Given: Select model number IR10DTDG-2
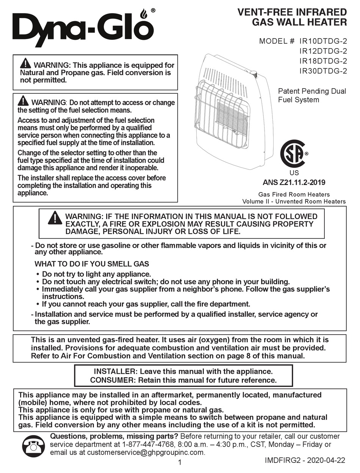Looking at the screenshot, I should (323, 41).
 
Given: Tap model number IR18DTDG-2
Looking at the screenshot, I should (323, 61).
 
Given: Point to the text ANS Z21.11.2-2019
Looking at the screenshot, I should (294, 182).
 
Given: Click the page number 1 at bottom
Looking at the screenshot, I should (180, 462).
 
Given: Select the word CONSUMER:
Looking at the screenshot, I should (113, 380).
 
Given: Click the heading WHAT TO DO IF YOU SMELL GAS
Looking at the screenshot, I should (92, 264).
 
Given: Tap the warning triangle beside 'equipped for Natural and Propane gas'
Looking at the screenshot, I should (25, 64).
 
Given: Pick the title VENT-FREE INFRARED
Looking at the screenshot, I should (292, 12).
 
